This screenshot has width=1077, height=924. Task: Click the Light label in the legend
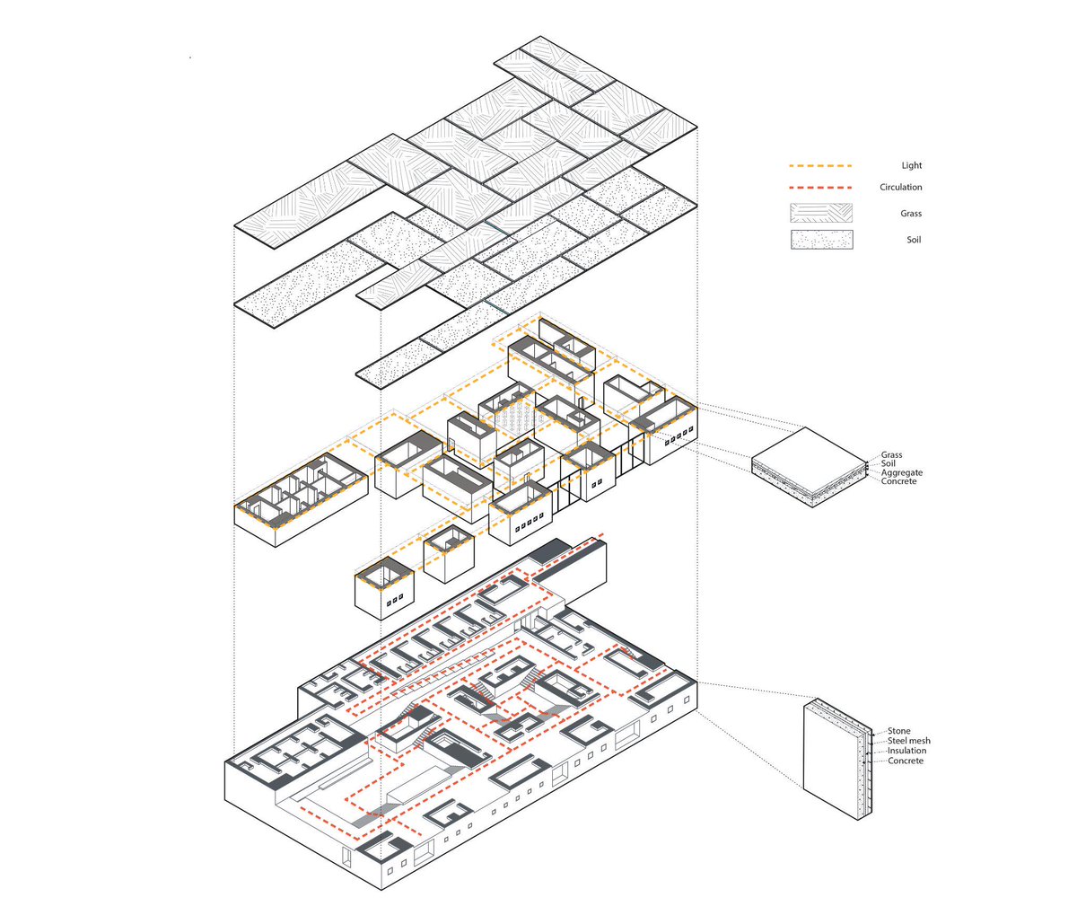[912, 165]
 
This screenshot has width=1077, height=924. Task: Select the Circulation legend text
[900, 187]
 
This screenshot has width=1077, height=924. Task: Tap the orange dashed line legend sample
[820, 166]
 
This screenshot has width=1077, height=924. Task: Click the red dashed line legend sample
[820, 188]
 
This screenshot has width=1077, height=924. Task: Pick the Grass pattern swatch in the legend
[821, 214]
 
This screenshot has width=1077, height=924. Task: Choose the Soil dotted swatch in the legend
[821, 240]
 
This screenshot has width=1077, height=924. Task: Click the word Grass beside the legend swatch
[911, 214]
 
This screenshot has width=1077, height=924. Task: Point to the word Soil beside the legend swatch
[914, 240]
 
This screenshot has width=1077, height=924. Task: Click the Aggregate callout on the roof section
[901, 472]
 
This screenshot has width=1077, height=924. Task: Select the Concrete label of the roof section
[898, 481]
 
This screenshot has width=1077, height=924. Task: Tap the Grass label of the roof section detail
[891, 455]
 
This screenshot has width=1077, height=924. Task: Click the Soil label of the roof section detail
[888, 463]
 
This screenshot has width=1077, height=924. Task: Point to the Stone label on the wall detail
[899, 732]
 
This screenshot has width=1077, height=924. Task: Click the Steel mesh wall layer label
[909, 741]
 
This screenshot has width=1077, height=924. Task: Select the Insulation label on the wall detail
[907, 751]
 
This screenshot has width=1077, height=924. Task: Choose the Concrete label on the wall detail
[906, 761]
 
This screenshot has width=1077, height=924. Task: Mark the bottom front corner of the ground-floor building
[381, 889]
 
